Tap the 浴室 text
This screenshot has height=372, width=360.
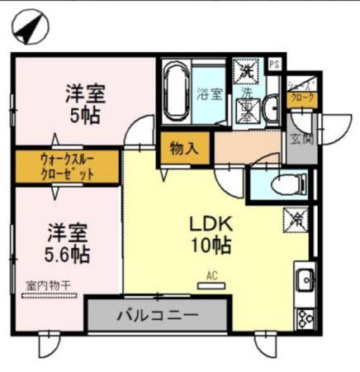point(209,93)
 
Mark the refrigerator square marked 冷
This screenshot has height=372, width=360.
point(295,219)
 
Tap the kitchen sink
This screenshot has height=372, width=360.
point(304,279)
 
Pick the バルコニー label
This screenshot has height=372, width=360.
point(157,315)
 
